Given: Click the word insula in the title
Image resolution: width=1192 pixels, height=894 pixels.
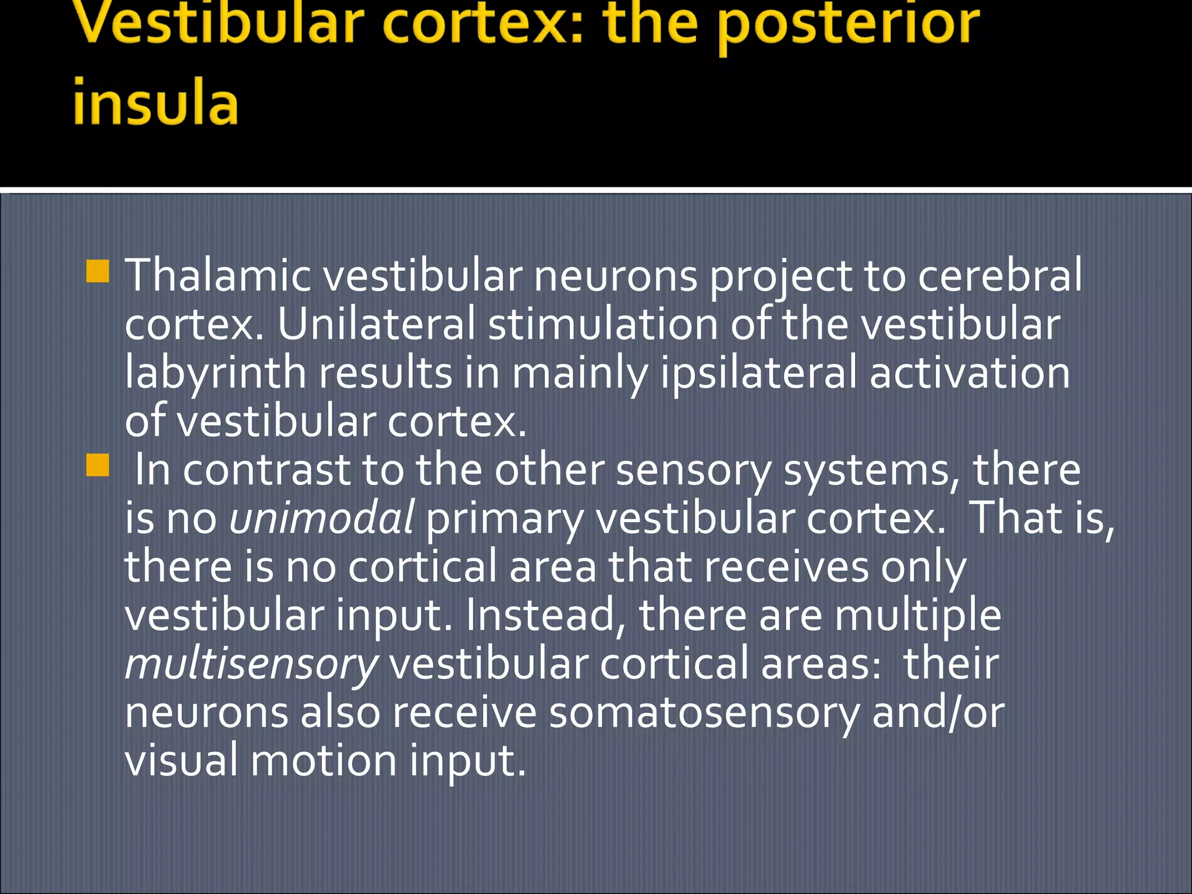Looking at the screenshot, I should (155, 104).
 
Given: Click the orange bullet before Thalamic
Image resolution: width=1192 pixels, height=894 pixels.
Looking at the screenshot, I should (97, 271).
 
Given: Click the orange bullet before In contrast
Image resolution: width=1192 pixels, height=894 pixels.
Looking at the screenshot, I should (97, 466).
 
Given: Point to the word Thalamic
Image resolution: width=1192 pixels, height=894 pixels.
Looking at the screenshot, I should (218, 275).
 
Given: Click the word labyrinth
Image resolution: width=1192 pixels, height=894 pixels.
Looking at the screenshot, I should (215, 374).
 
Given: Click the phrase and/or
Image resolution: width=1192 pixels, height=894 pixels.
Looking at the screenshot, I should (938, 713).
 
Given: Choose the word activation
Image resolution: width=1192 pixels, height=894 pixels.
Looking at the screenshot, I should (969, 373).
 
